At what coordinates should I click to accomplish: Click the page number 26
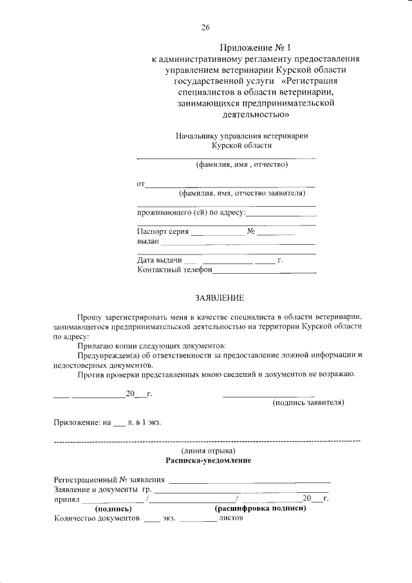tap(205, 27)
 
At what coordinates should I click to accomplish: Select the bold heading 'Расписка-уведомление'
tap(208, 461)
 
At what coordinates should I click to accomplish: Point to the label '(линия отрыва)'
tap(208, 450)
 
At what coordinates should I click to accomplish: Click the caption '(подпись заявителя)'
tap(308, 403)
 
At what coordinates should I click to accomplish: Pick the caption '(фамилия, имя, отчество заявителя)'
tap(241, 193)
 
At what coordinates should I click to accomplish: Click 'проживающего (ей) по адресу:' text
tap(191, 212)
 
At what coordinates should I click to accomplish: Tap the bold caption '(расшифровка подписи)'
tap(259, 508)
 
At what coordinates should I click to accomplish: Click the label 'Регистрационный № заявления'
tap(109, 480)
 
